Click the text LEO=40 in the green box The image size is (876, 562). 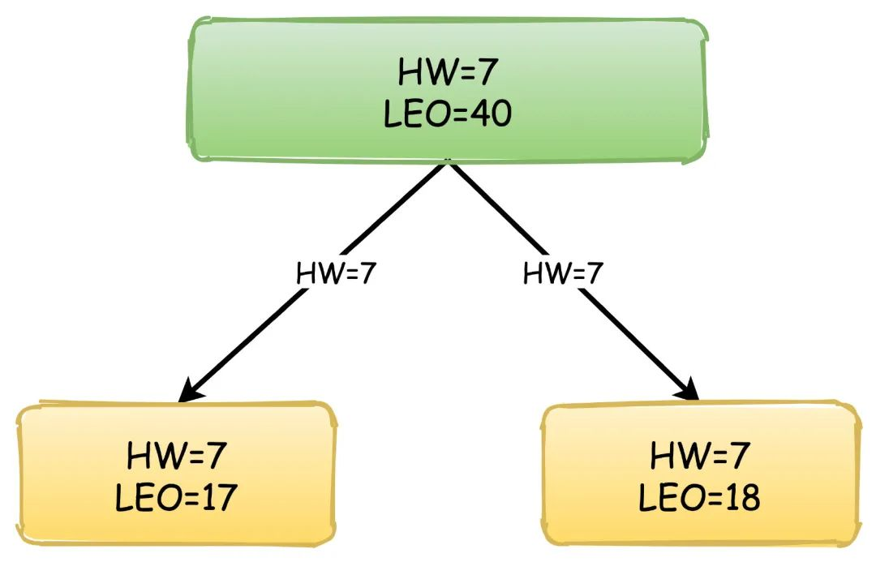pos(447,114)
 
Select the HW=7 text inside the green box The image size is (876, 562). pos(447,73)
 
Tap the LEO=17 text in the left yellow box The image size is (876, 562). pos(175,497)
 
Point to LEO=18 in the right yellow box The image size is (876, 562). pos(699,498)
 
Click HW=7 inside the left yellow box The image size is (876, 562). pos(175,457)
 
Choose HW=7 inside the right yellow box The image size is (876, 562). pos(699,457)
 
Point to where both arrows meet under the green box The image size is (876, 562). pos(447,163)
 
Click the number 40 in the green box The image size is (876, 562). pos(490,114)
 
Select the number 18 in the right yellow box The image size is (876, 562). pos(741,498)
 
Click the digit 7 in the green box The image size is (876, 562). pos(483,73)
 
